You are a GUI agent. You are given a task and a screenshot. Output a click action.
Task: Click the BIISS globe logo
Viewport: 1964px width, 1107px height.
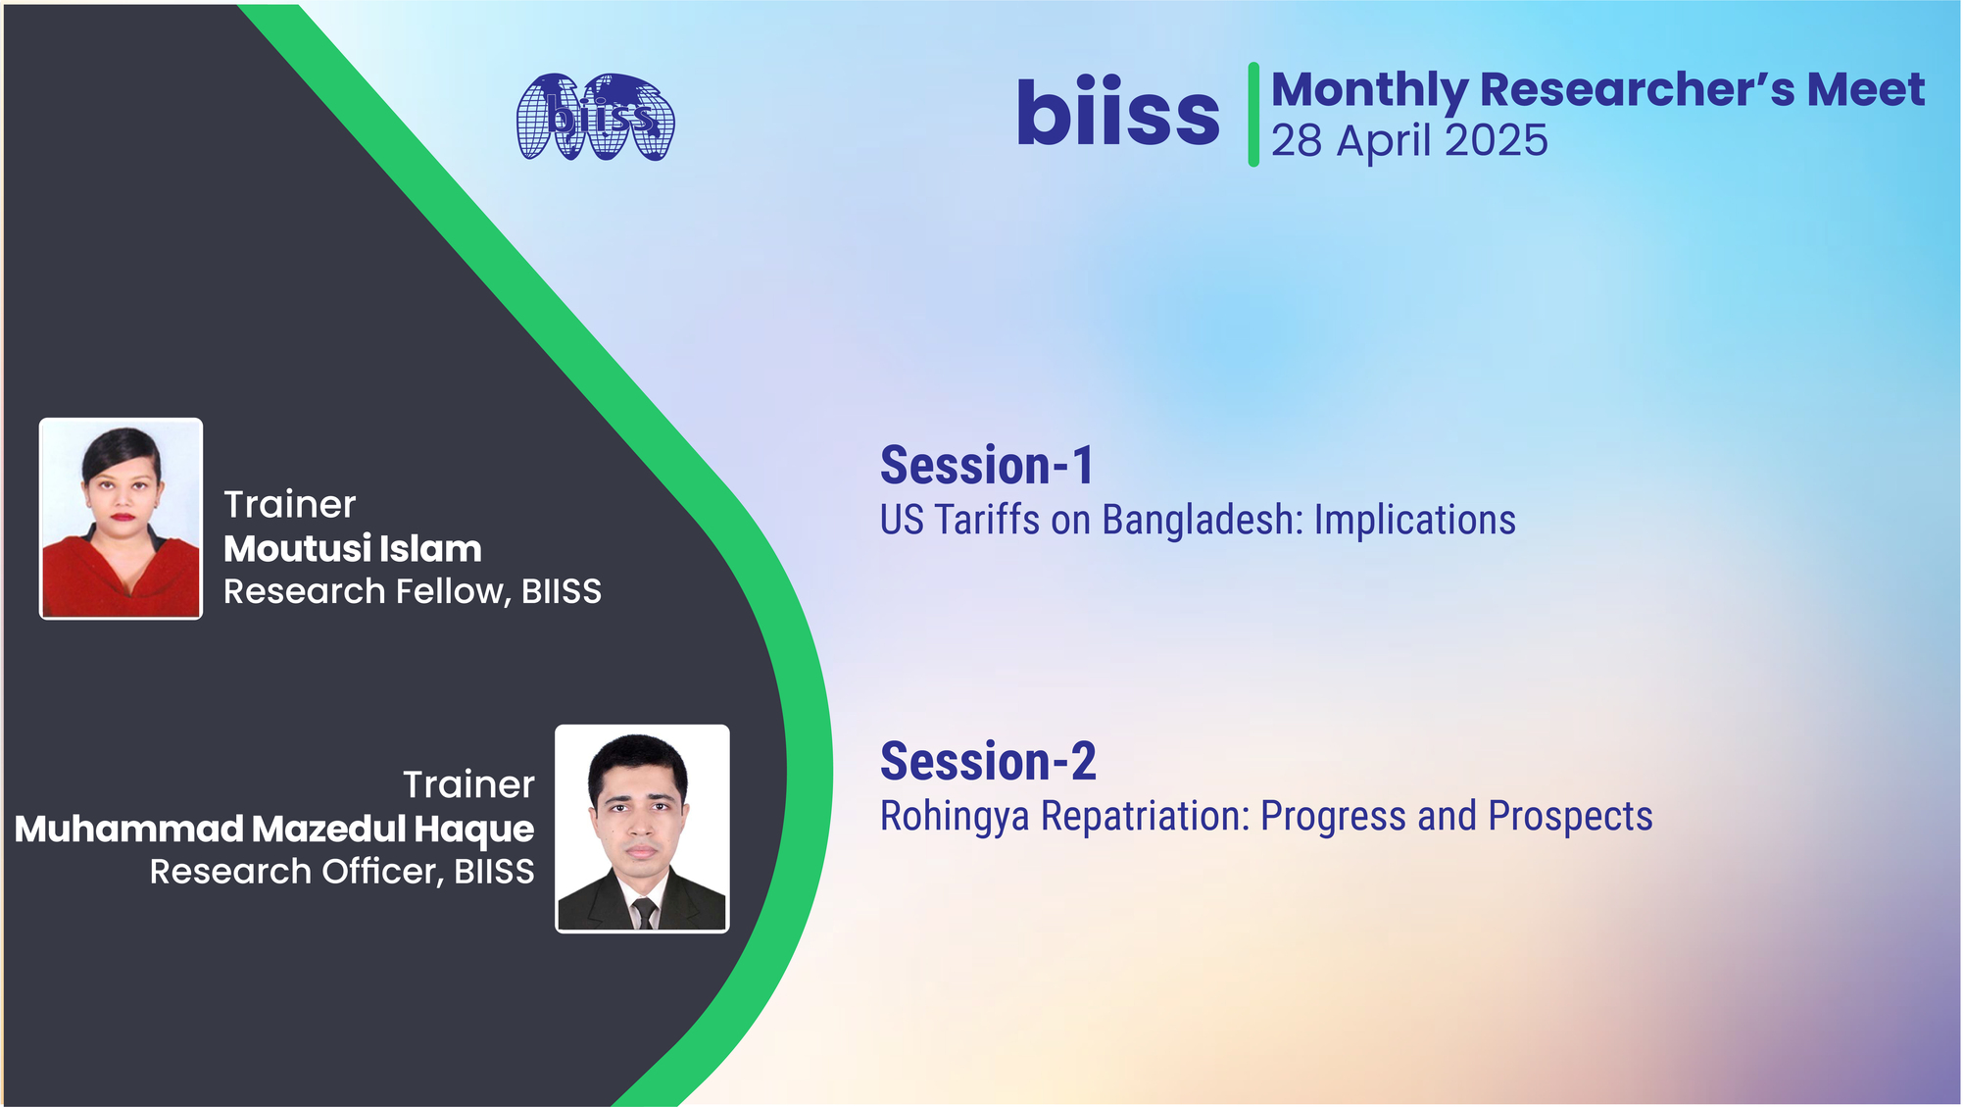[596, 117]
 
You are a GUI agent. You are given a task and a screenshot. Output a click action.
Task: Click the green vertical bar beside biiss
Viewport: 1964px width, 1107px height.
[1253, 115]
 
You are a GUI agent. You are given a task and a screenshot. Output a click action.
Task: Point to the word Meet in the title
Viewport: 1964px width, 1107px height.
[1866, 89]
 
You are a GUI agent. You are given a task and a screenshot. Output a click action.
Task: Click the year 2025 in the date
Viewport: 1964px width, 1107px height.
[1497, 140]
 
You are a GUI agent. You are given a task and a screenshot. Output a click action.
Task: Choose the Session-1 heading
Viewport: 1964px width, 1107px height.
[987, 465]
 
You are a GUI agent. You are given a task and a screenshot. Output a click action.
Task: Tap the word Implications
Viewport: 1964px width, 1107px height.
[1415, 521]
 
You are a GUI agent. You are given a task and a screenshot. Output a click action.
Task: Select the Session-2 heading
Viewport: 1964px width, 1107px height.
[988, 762]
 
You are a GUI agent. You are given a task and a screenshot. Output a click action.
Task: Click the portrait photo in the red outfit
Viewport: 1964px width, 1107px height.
[121, 519]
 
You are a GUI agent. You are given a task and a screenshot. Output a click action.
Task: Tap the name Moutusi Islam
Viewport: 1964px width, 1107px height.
[353, 549]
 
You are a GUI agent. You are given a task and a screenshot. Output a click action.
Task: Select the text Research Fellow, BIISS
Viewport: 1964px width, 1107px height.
[413, 591]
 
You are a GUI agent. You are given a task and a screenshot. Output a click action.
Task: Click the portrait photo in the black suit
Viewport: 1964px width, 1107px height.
[642, 829]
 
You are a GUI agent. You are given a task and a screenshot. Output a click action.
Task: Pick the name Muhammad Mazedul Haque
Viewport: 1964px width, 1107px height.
[274, 830]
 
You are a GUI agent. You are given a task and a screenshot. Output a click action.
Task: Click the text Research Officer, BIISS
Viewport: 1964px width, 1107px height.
[342, 872]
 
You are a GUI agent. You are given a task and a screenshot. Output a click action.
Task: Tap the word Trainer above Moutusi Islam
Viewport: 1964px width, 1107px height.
[289, 505]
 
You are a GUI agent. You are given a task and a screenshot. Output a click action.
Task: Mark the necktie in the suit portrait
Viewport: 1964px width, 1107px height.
[643, 912]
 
